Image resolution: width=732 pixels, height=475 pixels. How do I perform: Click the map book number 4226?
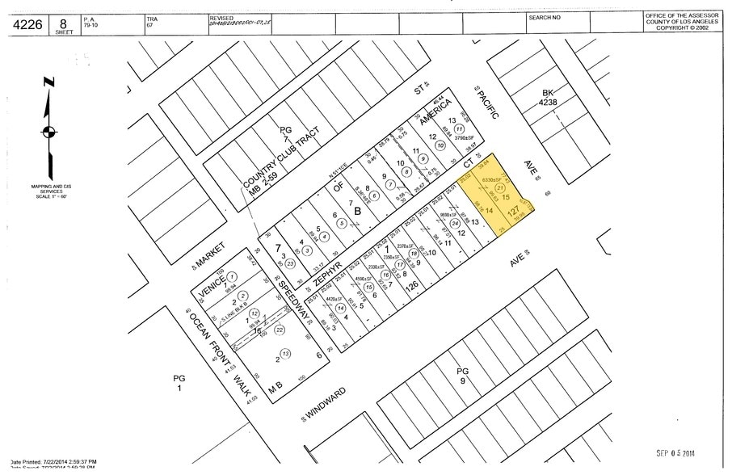pos(29,24)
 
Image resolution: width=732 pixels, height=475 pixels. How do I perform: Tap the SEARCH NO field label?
pos(545,17)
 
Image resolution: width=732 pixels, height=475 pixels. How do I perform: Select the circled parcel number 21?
pos(510,187)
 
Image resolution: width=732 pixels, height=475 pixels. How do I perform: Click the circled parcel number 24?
pos(455,223)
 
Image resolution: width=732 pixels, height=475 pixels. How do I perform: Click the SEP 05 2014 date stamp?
pos(682,453)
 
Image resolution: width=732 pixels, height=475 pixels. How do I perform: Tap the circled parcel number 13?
pos(286,353)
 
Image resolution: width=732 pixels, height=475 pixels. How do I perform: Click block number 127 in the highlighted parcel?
pos(514,212)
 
